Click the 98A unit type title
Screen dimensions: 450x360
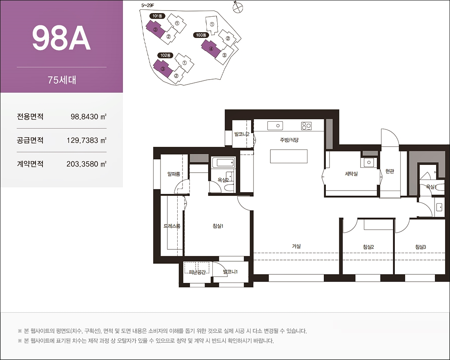[61, 38]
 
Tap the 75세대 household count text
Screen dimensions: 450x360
[62, 80]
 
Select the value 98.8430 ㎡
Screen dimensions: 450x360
[88, 117]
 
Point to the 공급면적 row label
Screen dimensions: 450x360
[30, 140]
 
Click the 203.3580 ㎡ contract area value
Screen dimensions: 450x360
[87, 164]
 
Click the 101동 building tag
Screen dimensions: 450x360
[157, 16]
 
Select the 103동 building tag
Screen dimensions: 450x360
[201, 35]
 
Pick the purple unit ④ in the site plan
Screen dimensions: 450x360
[211, 49]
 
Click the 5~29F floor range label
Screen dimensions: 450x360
[148, 5]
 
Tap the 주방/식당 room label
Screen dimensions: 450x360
[289, 140]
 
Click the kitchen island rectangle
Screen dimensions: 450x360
[289, 156]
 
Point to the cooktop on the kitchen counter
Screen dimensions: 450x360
[306, 126]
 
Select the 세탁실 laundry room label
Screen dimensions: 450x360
[351, 173]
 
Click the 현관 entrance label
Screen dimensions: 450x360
[390, 171]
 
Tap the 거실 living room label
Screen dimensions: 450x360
[296, 246]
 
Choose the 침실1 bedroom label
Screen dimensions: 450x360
[218, 226]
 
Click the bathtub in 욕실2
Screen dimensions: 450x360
[223, 162]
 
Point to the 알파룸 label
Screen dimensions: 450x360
[174, 174]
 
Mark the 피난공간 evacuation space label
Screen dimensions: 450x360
[197, 272]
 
